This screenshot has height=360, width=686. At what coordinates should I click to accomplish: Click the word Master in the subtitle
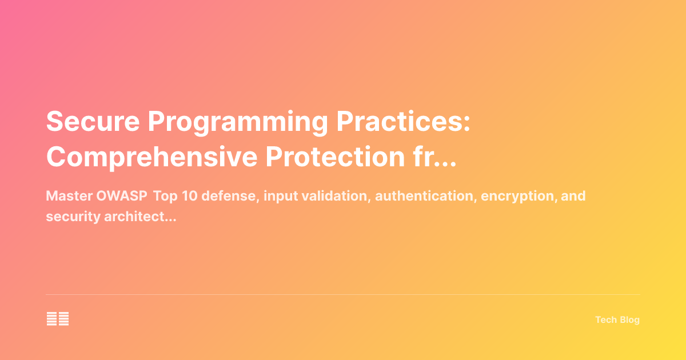[65, 196]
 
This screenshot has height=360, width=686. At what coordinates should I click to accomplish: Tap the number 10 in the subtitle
[188, 196]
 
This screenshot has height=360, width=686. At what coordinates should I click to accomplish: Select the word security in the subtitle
[67, 217]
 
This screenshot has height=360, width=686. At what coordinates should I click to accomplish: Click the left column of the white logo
[51, 319]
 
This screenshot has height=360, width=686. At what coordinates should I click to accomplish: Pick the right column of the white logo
[63, 319]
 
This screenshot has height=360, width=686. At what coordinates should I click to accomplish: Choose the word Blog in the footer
[629, 320]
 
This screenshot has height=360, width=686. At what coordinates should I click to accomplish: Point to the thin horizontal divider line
[343, 295]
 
